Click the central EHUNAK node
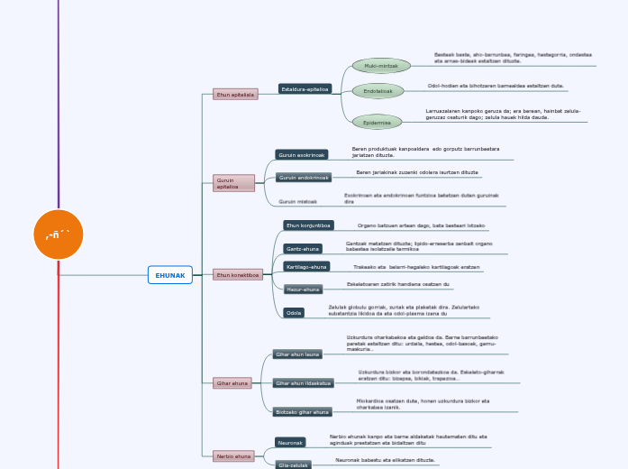pyautogui.click(x=169, y=275)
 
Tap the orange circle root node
pyautogui.click(x=59, y=234)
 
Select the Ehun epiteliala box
pyautogui.click(x=235, y=94)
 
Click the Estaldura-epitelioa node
pyautogui.click(x=305, y=89)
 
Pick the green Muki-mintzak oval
pyautogui.click(x=381, y=66)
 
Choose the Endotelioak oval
pyautogui.click(x=378, y=91)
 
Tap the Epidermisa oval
pyautogui.click(x=377, y=122)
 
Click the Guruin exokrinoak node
pyautogui.click(x=301, y=155)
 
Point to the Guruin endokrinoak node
pyautogui.click(x=304, y=178)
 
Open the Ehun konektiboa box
pyautogui.click(x=238, y=274)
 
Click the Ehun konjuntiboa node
pyautogui.click(x=309, y=225)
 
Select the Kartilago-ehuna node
pyautogui.click(x=306, y=267)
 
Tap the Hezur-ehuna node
pyautogui.click(x=303, y=290)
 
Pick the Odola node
pyautogui.click(x=294, y=313)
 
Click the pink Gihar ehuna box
pyautogui.click(x=232, y=383)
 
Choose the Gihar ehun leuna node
pyautogui.click(x=297, y=354)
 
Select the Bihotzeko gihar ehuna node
pyautogui.click(x=303, y=412)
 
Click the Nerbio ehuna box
pyautogui.click(x=232, y=456)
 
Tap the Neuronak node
pyautogui.click(x=290, y=443)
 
